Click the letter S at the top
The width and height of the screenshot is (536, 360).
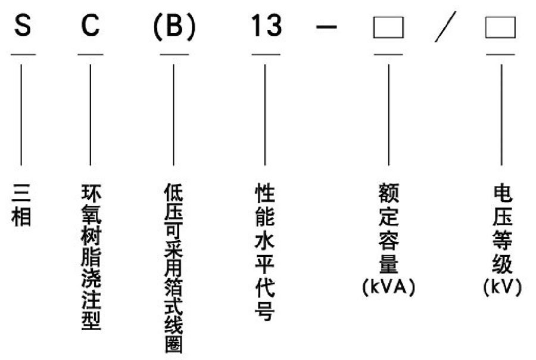coord(23,25)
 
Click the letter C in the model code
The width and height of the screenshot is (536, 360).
coord(91,25)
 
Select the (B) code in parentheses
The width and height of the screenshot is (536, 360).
coord(174,27)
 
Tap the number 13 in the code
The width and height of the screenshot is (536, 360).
coord(266,26)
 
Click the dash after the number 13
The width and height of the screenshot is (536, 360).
coord(326,26)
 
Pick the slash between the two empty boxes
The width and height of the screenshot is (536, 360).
coord(445,27)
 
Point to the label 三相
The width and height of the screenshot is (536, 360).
coord(21,205)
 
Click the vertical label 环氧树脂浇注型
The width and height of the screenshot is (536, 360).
coord(91,257)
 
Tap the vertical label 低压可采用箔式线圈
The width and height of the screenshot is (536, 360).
coord(174,268)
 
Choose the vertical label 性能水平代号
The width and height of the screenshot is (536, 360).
coord(265,252)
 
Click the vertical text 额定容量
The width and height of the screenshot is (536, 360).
coord(389,228)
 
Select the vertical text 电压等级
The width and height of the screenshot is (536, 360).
coord(502,229)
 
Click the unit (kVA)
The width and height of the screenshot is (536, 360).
coord(389,287)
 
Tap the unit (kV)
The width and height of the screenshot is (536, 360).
coord(503,287)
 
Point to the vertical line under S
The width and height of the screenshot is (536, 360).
coord(21,115)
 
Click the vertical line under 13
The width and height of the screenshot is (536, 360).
coord(265,115)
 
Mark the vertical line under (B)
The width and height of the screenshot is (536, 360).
coord(174,115)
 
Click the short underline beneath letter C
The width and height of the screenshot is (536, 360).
coord(91,54)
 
